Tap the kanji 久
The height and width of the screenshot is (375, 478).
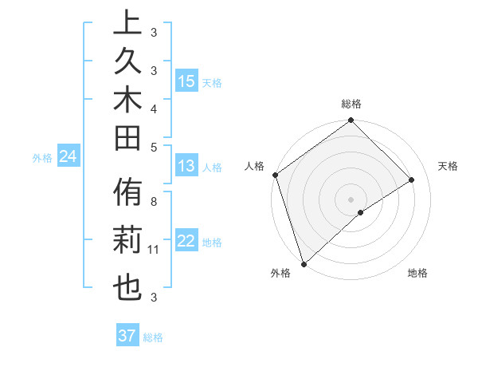[x=127, y=65]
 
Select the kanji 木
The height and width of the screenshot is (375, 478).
[x=127, y=104]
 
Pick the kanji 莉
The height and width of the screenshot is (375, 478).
[x=127, y=243]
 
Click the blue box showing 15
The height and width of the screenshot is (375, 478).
[x=186, y=81]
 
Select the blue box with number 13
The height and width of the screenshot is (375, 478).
[x=186, y=166]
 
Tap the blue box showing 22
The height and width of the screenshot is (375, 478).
[x=186, y=241]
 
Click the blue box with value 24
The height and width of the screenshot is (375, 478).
[x=68, y=156]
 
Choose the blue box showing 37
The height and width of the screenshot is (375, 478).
[x=127, y=336]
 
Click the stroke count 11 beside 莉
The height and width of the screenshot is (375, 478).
[x=154, y=250]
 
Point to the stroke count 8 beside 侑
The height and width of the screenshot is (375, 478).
[x=153, y=201]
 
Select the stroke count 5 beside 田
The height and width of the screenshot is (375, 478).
[x=153, y=146]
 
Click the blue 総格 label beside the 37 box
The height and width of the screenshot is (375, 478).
[x=153, y=337]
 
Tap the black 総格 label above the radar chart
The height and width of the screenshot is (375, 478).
[x=351, y=104]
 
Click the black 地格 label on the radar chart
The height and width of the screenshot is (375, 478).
[x=417, y=273]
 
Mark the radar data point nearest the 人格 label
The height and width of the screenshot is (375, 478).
[x=275, y=175]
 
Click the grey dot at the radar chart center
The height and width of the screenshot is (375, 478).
[x=351, y=199]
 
